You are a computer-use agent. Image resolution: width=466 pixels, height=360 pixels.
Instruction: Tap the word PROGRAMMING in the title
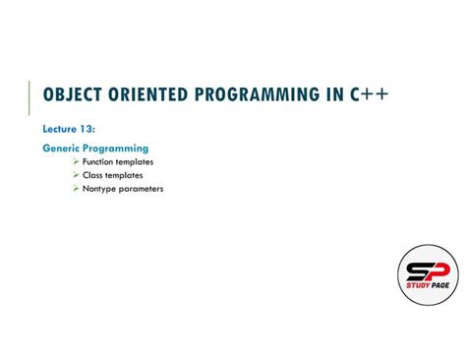[x=262, y=93]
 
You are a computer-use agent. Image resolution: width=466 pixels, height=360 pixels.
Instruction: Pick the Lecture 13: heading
[x=69, y=129]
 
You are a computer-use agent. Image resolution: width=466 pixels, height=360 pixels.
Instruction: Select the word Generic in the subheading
[x=61, y=149]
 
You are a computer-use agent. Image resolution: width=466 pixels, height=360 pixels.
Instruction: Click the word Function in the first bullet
[x=100, y=161]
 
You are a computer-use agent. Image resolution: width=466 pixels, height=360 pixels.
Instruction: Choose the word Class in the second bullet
[x=94, y=175]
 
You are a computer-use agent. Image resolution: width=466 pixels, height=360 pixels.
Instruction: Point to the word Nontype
[x=101, y=188]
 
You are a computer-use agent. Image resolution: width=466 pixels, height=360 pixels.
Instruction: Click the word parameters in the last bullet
[x=143, y=188]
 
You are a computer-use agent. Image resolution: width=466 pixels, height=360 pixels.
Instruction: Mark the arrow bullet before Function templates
[x=76, y=161]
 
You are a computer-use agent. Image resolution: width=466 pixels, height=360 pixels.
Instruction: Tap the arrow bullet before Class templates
[x=76, y=175]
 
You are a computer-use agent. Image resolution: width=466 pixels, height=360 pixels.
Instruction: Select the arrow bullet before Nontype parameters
[x=76, y=188]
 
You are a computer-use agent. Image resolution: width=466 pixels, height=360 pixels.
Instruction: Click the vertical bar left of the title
[x=30, y=93]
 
